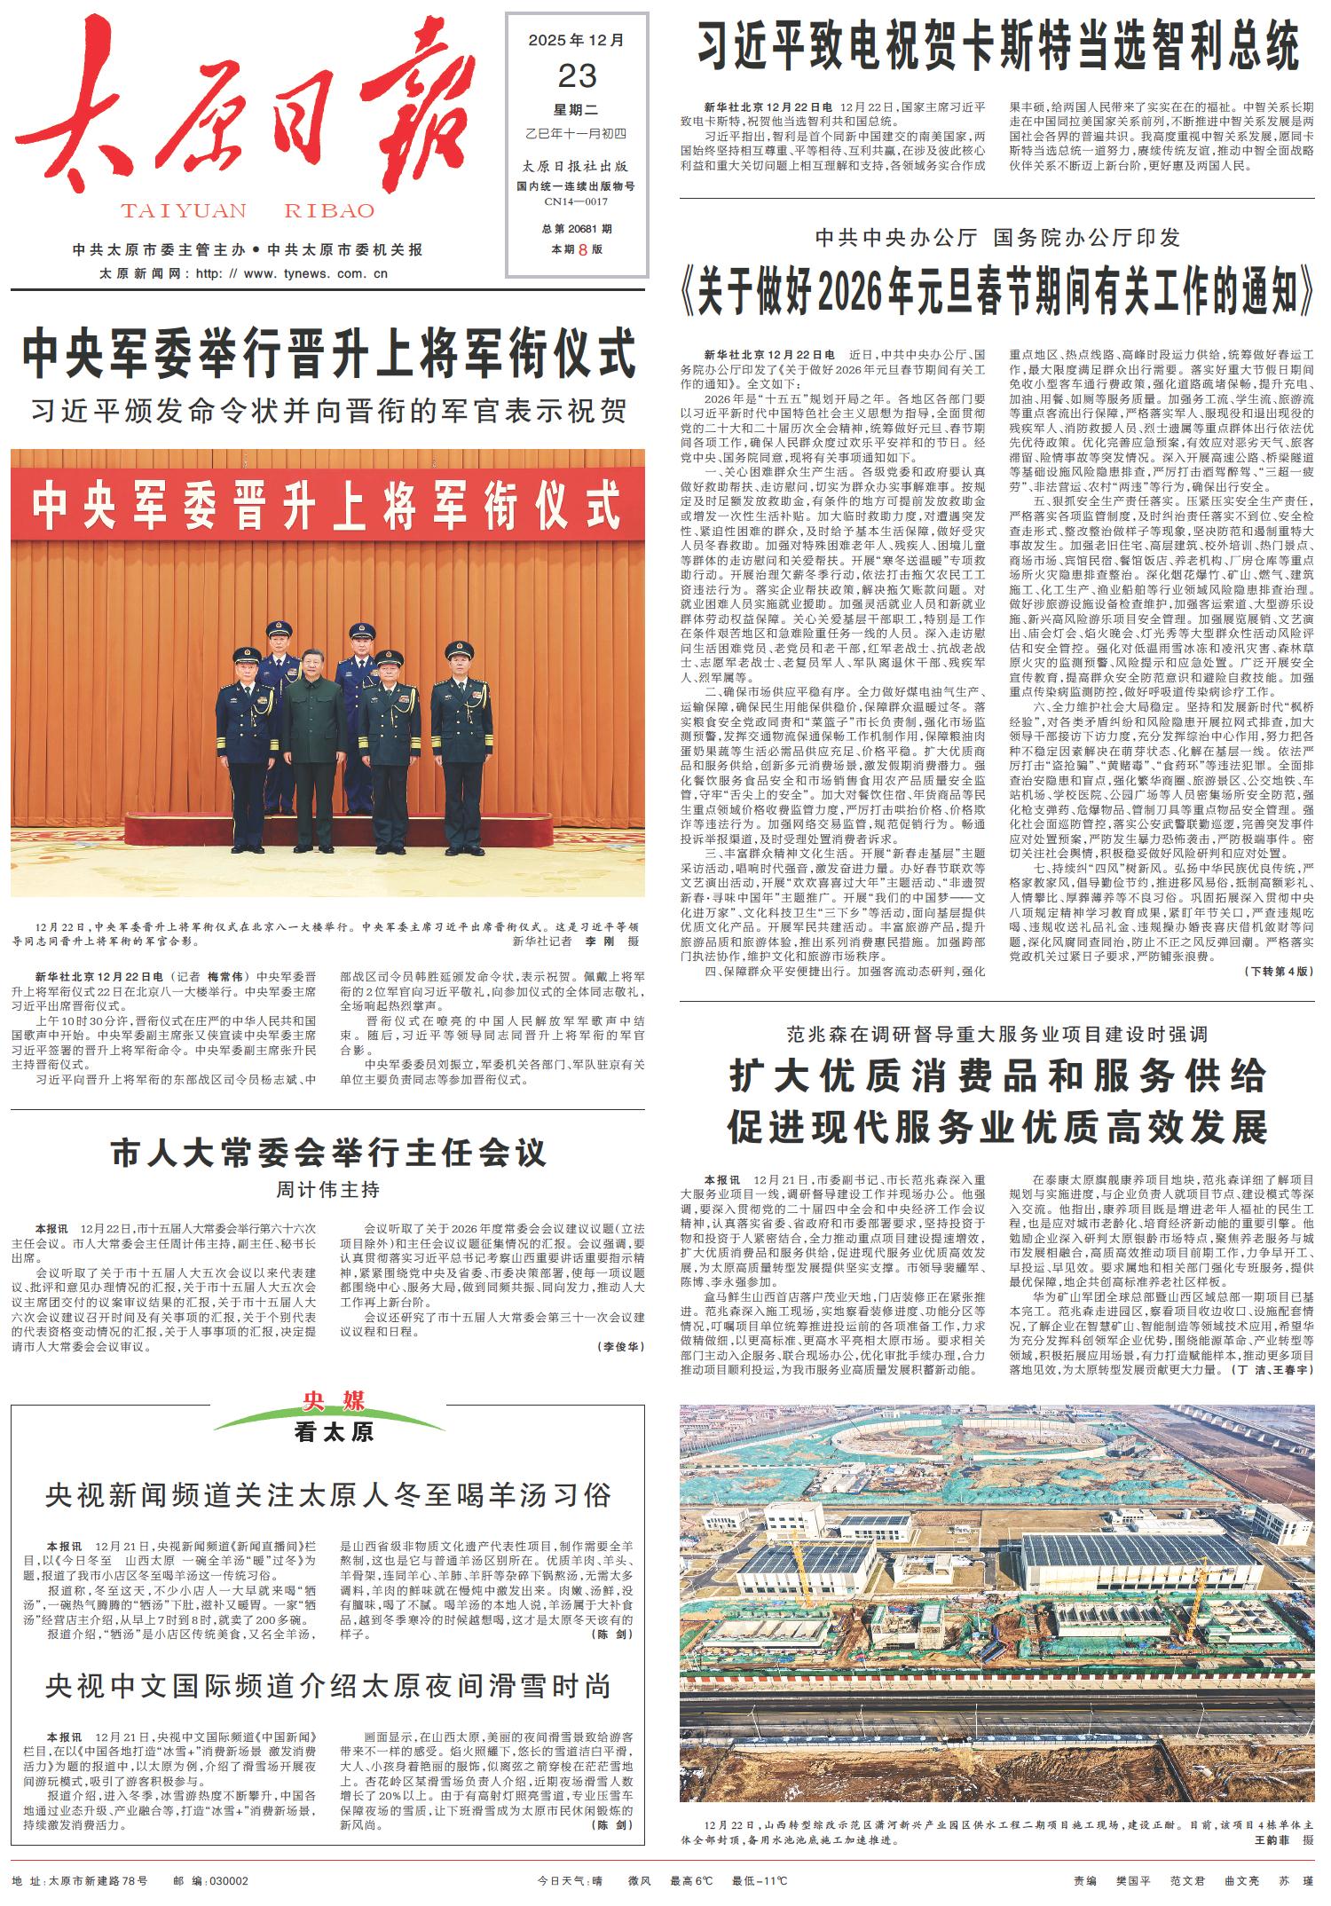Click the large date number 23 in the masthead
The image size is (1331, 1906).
coord(577,76)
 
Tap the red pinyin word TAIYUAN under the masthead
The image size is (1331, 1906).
coord(184,211)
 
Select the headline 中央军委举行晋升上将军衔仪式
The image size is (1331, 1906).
coord(329,353)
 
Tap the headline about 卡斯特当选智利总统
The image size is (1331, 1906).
coord(997,49)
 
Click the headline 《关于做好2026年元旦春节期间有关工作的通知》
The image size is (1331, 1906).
coord(997,294)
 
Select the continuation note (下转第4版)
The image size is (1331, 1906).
coord(1279,971)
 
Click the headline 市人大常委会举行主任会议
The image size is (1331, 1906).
coord(328,1154)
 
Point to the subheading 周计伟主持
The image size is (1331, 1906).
coord(327,1189)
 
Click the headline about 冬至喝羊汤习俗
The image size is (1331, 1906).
coord(328,1495)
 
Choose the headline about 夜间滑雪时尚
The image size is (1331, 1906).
coord(328,1686)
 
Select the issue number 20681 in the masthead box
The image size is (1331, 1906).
coord(582,229)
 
